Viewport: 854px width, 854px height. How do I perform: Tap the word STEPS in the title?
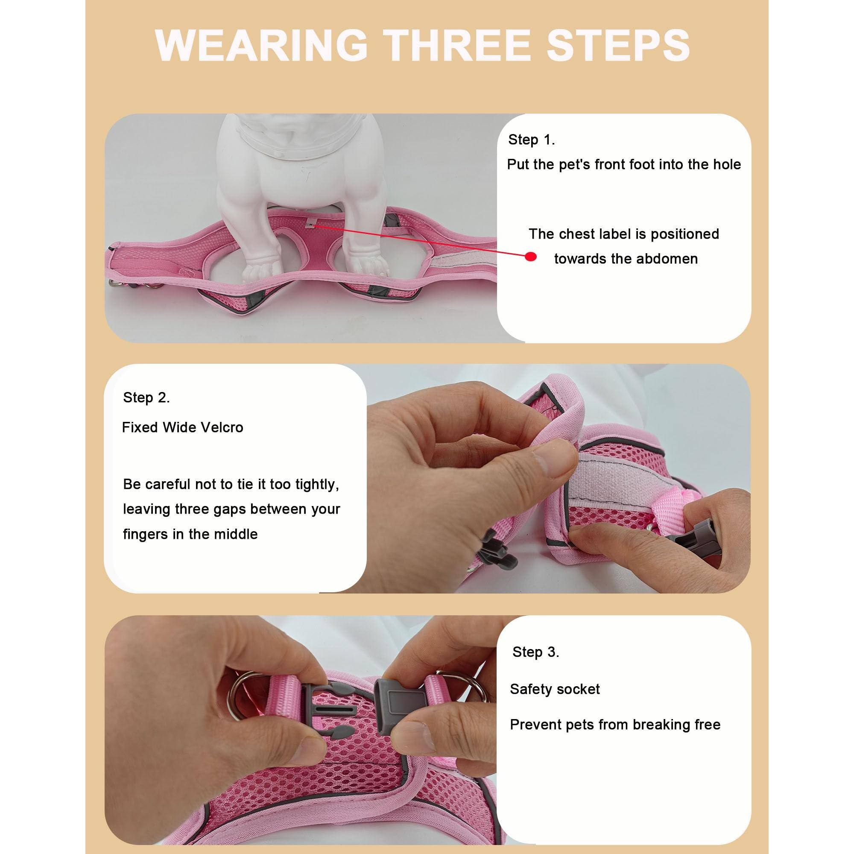(618, 46)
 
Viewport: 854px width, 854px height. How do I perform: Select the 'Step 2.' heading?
(146, 398)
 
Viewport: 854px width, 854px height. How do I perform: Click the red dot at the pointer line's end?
(531, 257)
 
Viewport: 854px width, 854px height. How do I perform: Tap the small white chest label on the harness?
(313, 223)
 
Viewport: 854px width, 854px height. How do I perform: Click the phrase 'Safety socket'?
(555, 689)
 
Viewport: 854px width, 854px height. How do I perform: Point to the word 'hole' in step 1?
(727, 164)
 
